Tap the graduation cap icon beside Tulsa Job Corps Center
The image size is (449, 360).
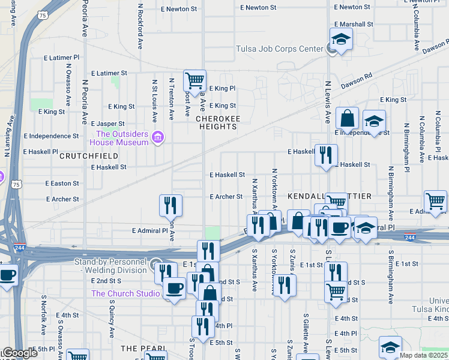341,40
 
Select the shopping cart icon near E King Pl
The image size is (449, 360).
194,80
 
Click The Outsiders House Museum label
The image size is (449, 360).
119,138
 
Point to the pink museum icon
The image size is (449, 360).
158,138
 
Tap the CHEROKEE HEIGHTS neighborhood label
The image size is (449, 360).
217,123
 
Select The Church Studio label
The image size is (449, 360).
125,293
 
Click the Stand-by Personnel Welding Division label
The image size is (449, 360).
110,266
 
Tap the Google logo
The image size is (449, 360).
19,353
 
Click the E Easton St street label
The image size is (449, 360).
62,184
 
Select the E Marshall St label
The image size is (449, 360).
353,24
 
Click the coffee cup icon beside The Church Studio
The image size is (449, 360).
175,287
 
